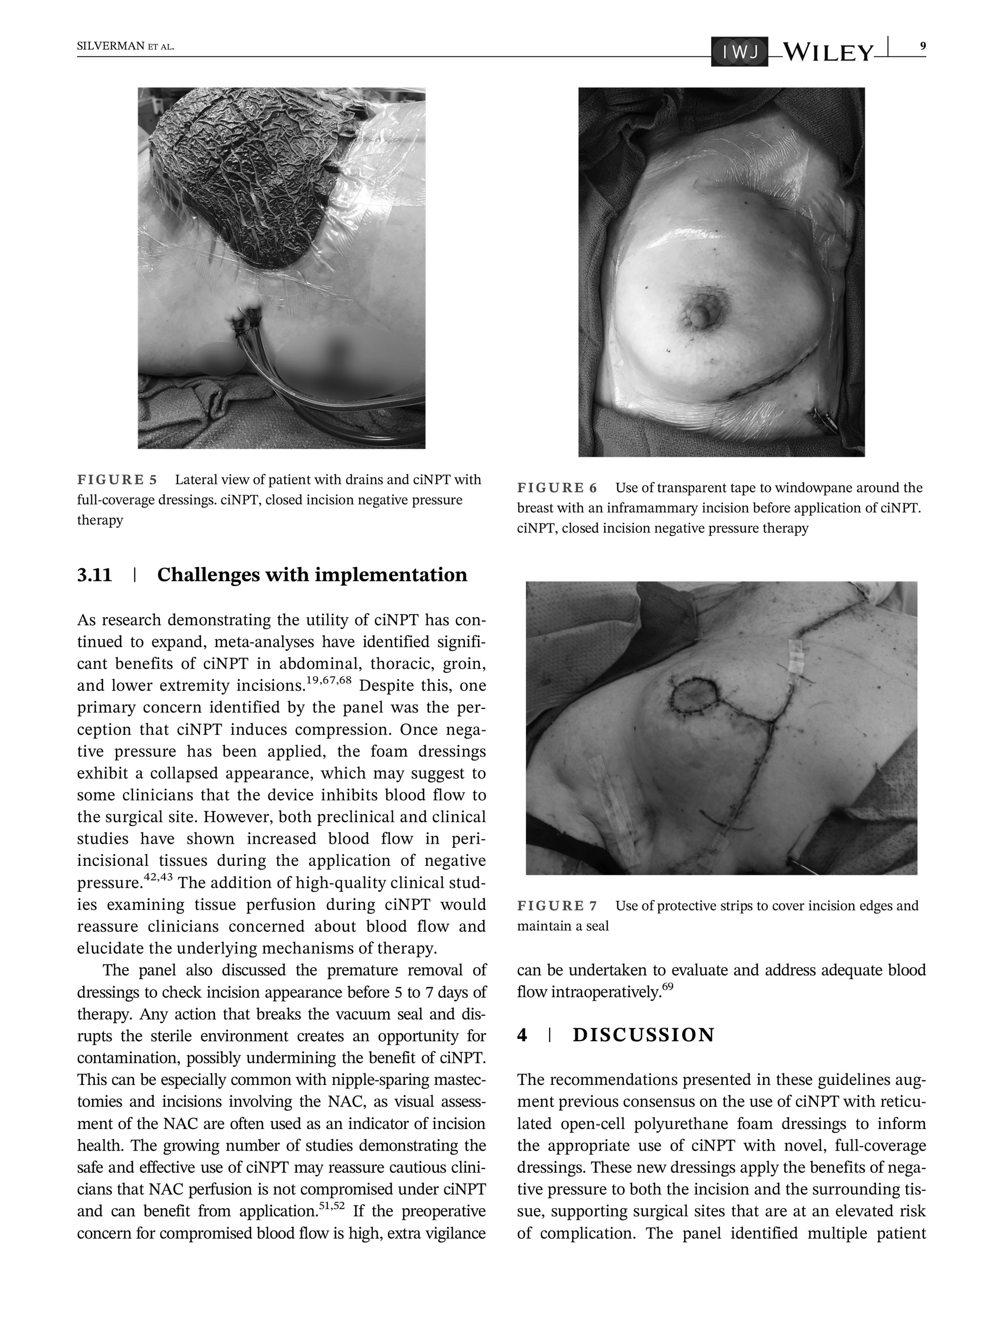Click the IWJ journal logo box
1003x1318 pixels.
pyautogui.click(x=739, y=52)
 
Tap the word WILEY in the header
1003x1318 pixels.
pyautogui.click(x=827, y=53)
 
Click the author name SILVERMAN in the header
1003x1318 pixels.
pyautogui.click(x=111, y=47)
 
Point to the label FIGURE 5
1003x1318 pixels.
pyautogui.click(x=117, y=480)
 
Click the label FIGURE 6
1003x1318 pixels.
pyautogui.click(x=557, y=488)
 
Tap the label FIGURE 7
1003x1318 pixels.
pyautogui.click(x=557, y=906)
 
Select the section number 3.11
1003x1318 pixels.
pyautogui.click(x=94, y=575)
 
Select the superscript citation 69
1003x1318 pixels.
pyautogui.click(x=667, y=986)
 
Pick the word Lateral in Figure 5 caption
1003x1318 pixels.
pyautogui.click(x=196, y=480)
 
